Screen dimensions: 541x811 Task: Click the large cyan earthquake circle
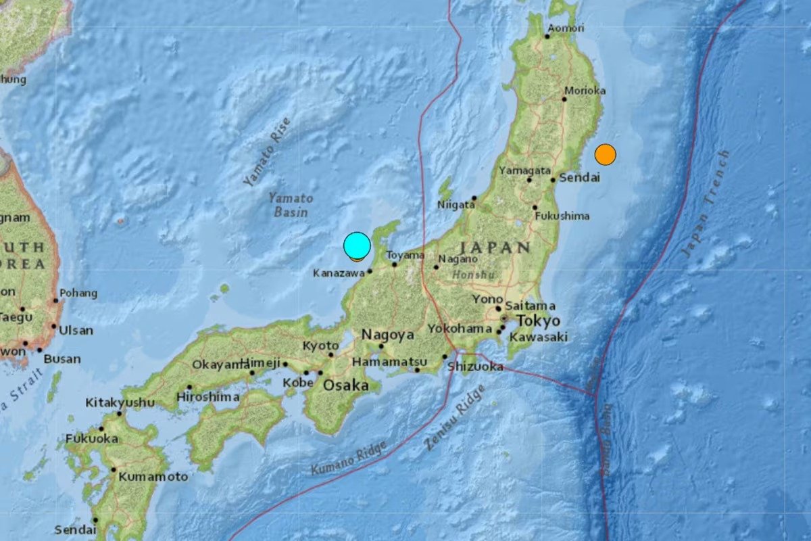tap(357, 245)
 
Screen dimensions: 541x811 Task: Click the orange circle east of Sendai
tap(605, 155)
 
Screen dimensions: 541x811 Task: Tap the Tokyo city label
tap(539, 321)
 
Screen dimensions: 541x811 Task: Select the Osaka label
tap(347, 385)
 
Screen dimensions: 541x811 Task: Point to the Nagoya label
tap(387, 334)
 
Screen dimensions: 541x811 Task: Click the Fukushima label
tap(562, 216)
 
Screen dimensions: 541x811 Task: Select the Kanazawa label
tap(339, 273)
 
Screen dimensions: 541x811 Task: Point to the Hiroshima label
tap(207, 397)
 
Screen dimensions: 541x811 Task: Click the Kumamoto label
tap(153, 477)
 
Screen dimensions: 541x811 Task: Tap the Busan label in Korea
tap(62, 359)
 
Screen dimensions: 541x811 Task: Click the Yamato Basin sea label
tap(291, 205)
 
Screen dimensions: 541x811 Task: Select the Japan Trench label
tap(706, 204)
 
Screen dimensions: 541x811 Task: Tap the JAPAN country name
tap(496, 247)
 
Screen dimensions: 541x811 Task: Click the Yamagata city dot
tap(529, 180)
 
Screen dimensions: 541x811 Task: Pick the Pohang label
tap(78, 293)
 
